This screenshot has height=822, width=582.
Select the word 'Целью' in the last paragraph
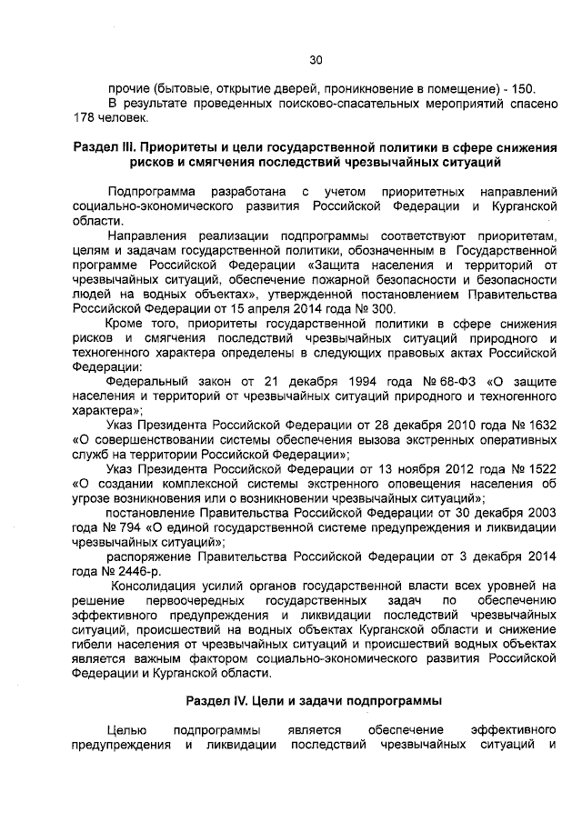tap(125, 730)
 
